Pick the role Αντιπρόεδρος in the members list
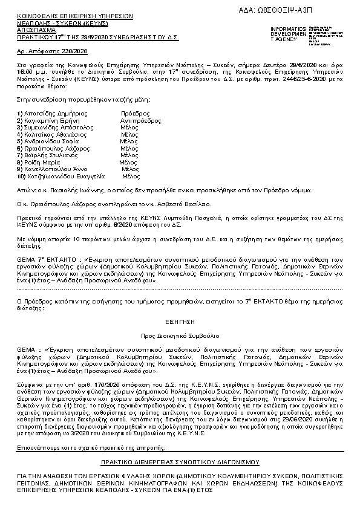coord(140,121)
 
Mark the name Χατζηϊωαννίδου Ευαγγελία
coord(59,176)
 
